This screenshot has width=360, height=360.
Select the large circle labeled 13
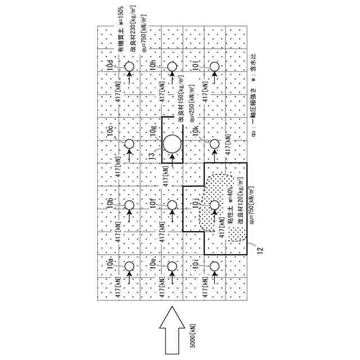pyautogui.click(x=172, y=145)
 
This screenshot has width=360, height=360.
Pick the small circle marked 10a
pyautogui.click(x=129, y=266)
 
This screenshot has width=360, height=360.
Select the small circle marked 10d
pyautogui.click(x=129, y=67)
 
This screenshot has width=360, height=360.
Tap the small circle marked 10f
pyautogui.click(x=172, y=206)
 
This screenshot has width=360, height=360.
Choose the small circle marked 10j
pyautogui.click(x=214, y=206)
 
